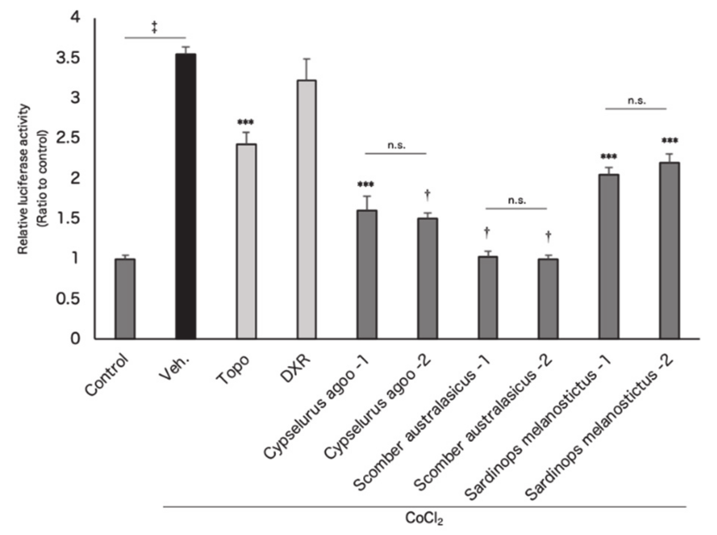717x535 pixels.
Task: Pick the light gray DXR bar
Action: (306, 209)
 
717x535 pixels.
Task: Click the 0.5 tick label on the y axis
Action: (68, 299)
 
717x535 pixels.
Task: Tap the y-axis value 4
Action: (75, 17)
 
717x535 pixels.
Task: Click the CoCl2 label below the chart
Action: (424, 518)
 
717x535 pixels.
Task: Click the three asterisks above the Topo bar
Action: (246, 122)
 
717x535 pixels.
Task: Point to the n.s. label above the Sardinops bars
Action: (636, 101)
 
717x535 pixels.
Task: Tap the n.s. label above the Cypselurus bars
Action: (396, 145)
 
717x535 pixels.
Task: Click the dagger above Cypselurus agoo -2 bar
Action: (427, 194)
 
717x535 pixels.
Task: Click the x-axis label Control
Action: (107, 374)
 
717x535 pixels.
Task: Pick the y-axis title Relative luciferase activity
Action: (24, 179)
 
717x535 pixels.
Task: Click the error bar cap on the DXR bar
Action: (306, 59)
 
